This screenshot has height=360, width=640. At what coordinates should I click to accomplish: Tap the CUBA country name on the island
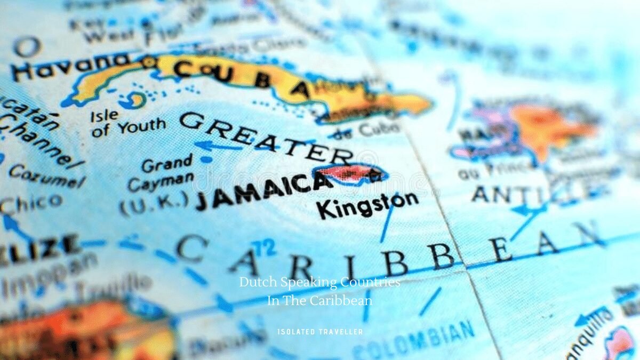[240, 77]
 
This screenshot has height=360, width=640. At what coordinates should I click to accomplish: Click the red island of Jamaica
[349, 174]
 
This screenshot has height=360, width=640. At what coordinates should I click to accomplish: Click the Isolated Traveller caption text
[320, 332]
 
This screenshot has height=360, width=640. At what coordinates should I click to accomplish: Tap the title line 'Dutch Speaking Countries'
[319, 282]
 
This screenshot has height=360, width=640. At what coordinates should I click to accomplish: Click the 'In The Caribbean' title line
[319, 300]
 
